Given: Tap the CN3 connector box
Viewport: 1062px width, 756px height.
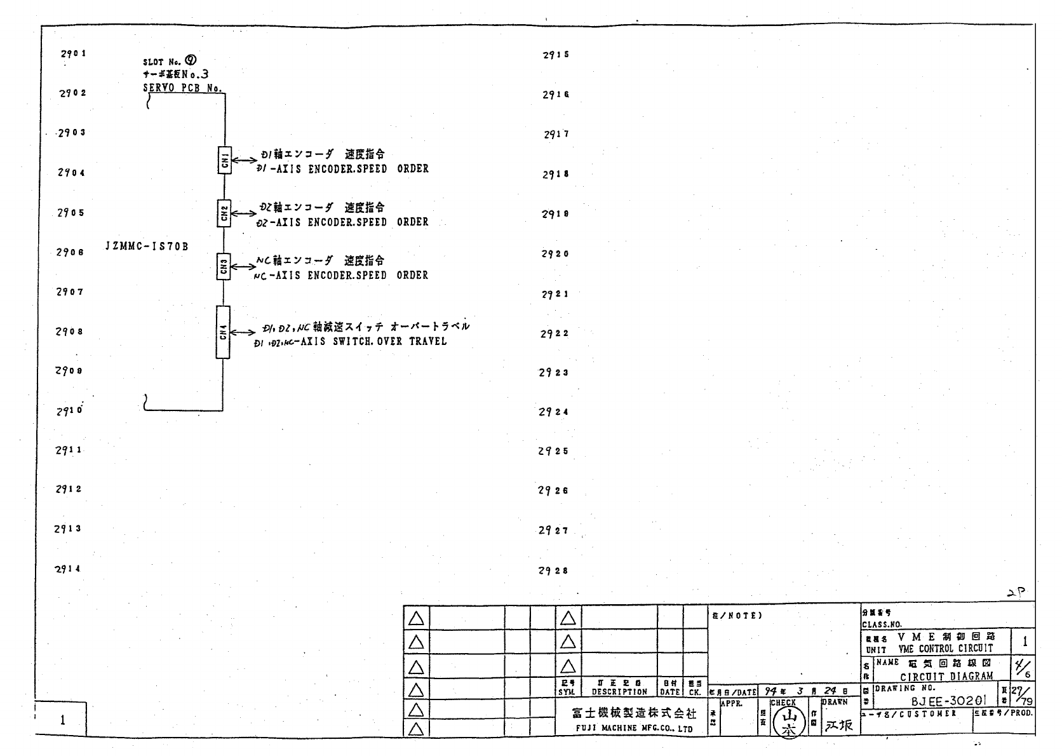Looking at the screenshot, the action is (224, 266).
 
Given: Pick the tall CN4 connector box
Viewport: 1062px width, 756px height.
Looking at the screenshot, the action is (223, 332).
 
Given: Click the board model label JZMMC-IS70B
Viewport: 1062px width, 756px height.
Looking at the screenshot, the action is (147, 246).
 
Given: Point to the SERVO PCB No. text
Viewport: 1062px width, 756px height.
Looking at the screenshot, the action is (182, 89).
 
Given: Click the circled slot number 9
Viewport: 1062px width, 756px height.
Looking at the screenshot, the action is (190, 60).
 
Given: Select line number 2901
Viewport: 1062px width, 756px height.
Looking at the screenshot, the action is (73, 54).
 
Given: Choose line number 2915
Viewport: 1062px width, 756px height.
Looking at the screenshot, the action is (556, 55).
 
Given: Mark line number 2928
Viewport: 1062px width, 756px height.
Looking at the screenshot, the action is (554, 571).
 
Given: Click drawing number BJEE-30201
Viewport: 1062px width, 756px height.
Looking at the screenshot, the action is (948, 701).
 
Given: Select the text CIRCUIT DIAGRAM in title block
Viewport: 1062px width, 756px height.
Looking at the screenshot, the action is (946, 677).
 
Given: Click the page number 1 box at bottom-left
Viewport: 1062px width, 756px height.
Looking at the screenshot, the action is (62, 720).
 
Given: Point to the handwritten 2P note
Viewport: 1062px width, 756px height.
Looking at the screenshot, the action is (1016, 593).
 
